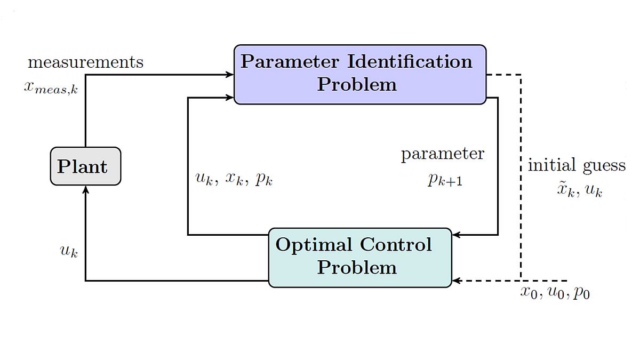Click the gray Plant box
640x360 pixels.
tap(85, 166)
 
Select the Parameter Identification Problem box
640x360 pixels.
tap(360, 74)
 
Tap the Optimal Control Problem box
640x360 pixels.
tap(360, 258)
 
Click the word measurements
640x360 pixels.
tap(85, 62)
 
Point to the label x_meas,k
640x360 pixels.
tap(51, 87)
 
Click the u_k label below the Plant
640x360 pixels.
tap(69, 251)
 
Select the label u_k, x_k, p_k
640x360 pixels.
tap(234, 179)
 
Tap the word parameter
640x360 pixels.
tap(443, 154)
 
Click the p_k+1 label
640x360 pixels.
tap(445, 180)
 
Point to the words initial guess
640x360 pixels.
tap(577, 165)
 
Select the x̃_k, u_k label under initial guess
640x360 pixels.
tap(579, 190)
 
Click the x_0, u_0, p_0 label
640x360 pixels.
tap(555, 292)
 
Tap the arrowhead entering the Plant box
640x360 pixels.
tap(85, 189)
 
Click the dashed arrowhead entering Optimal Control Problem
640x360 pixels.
tap(455, 281)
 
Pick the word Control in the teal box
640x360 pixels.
tap(395, 245)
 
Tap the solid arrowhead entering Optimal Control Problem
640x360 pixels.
tap(455, 235)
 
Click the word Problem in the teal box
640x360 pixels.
tap(357, 267)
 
